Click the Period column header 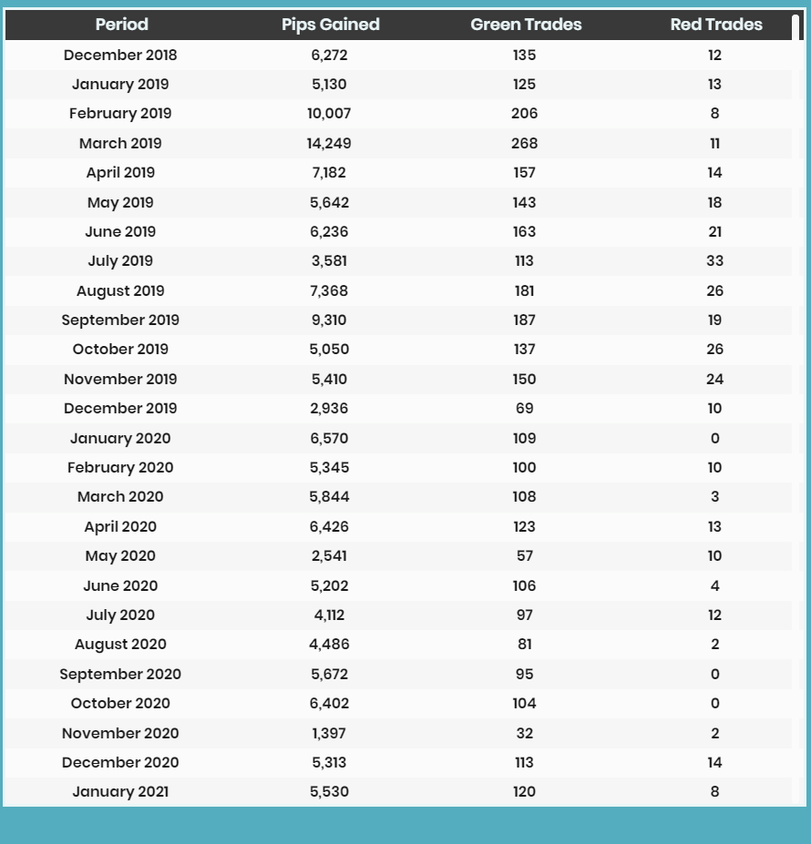pyautogui.click(x=122, y=25)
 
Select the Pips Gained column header pyautogui.click(x=331, y=25)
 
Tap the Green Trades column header pyautogui.click(x=526, y=25)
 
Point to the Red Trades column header pyautogui.click(x=716, y=25)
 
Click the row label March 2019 pyautogui.click(x=120, y=143)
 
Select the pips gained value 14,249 pyautogui.click(x=329, y=143)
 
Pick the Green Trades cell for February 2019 pyautogui.click(x=524, y=113)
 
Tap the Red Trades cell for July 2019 pyautogui.click(x=714, y=260)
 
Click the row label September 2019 pyautogui.click(x=120, y=320)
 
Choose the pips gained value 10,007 pyautogui.click(x=329, y=113)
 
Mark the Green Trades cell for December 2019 pyautogui.click(x=524, y=408)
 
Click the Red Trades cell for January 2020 pyautogui.click(x=714, y=438)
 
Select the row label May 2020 pyautogui.click(x=120, y=556)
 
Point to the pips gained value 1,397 pyautogui.click(x=329, y=733)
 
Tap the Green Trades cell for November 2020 pyautogui.click(x=524, y=733)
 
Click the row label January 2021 pyautogui.click(x=120, y=792)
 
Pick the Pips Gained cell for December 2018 pyautogui.click(x=329, y=55)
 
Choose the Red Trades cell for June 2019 pyautogui.click(x=714, y=231)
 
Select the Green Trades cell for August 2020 pyautogui.click(x=524, y=644)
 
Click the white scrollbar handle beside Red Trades pyautogui.click(x=796, y=27)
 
